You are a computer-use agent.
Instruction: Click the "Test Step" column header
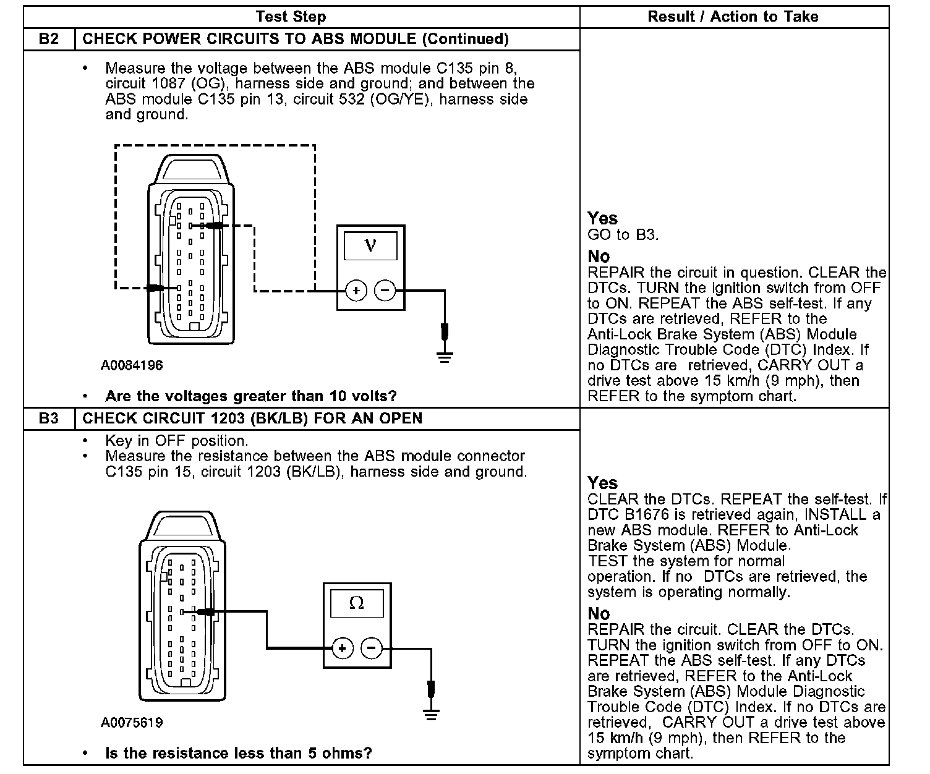[291, 17]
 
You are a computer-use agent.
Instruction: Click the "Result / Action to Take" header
[733, 17]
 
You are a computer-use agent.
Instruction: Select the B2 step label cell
[49, 39]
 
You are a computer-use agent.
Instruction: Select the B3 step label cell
[49, 419]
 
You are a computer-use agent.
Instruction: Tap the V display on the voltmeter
[370, 246]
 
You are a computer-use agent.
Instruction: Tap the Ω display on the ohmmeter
[357, 603]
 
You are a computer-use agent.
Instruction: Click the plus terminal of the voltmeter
[356, 290]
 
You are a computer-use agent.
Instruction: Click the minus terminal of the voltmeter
[385, 290]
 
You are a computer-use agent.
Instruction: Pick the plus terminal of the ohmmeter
[343, 648]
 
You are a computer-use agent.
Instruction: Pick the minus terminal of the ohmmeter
[372, 648]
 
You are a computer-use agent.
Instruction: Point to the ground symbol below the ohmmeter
[432, 714]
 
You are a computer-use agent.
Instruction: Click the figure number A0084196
[132, 365]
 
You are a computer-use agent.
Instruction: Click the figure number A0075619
[132, 723]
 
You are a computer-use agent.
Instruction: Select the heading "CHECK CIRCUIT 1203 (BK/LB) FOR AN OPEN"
[252, 419]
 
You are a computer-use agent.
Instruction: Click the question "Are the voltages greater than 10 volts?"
[250, 396]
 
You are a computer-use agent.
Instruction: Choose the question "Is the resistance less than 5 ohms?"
[239, 753]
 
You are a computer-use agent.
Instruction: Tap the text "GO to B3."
[623, 234]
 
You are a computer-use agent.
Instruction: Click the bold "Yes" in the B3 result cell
[602, 483]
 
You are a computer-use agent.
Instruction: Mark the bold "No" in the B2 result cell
[599, 256]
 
